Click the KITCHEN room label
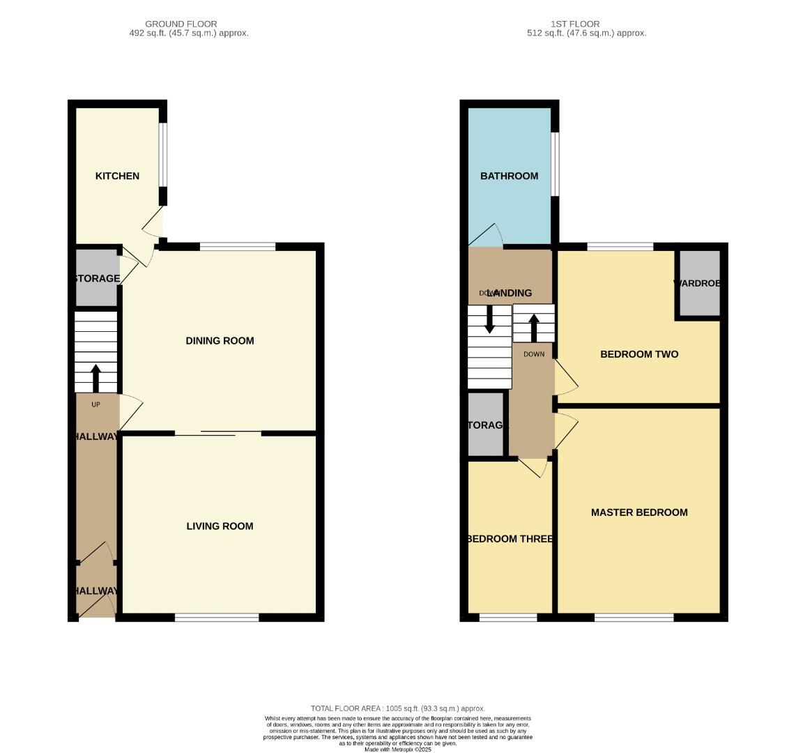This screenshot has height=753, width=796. tap(117, 176)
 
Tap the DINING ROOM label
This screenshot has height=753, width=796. tap(220, 341)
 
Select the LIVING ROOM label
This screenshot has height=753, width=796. tap(220, 526)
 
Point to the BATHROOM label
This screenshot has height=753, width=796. tap(509, 176)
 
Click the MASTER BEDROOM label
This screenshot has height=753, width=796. tap(639, 512)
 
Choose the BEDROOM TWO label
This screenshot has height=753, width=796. tap(639, 354)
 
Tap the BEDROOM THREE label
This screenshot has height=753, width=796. tap(510, 539)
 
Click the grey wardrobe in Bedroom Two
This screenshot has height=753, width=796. tap(699, 283)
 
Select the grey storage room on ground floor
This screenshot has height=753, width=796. tap(96, 278)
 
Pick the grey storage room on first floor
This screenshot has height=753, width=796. tap(485, 425)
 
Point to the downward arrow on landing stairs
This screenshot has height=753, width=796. tap(490, 319)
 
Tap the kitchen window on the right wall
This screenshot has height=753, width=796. tap(162, 155)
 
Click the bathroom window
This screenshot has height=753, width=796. tap(555, 164)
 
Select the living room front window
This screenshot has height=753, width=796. tap(217, 617)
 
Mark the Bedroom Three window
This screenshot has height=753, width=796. tap(508, 617)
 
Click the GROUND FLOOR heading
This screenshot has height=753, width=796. tap(181, 24)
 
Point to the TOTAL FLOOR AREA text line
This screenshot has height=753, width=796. tap(398, 708)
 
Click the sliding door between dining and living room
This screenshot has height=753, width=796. tap(217, 434)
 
